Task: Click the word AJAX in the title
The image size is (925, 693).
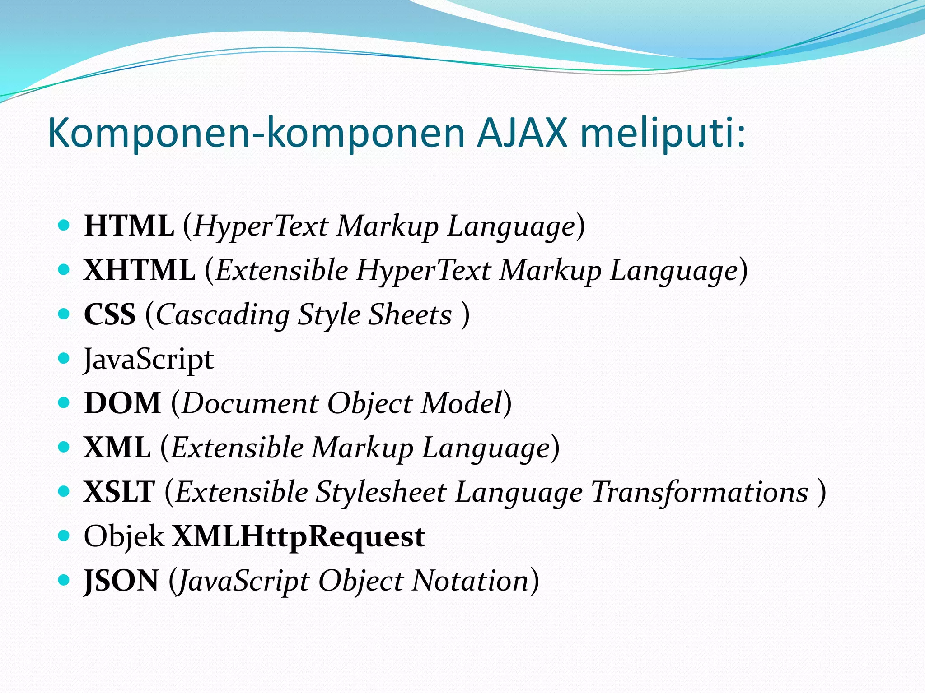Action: pos(522,133)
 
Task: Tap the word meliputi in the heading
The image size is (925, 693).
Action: pos(662,133)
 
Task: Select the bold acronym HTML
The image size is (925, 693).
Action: pos(129,226)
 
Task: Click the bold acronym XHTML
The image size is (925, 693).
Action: pos(140,270)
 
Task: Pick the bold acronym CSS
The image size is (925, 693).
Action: pos(110,314)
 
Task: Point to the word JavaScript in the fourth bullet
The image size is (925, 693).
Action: pos(149,360)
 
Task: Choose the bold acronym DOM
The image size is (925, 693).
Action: pos(122,402)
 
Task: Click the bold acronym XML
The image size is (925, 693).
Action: pos(117,447)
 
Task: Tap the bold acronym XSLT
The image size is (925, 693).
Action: pos(119,491)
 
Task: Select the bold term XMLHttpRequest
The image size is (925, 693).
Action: pos(299,536)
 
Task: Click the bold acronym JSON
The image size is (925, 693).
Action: pos(121,581)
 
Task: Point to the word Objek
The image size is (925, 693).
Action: pos(124,536)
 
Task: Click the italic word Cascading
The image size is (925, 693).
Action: pos(223,315)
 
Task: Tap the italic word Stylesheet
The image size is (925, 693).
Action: pos(381,492)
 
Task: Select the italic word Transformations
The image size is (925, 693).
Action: pos(700,492)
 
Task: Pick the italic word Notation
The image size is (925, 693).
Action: pos(470,581)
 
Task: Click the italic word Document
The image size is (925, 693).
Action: pos(250,403)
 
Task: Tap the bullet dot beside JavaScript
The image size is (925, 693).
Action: pos(64,359)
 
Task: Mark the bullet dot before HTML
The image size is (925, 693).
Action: pos(64,225)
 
